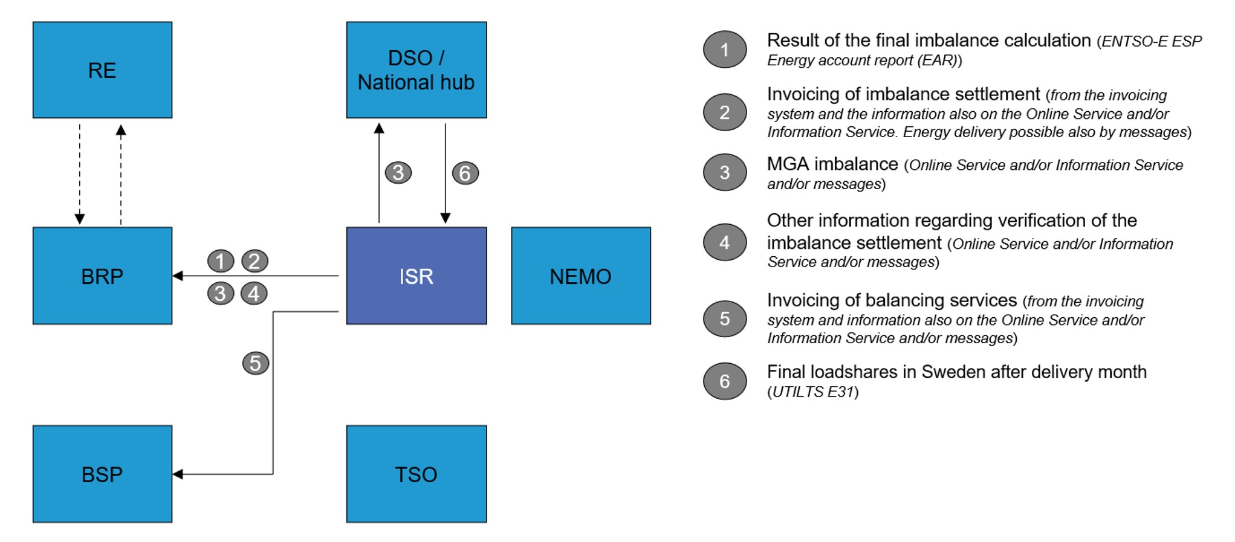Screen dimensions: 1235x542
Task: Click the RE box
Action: [x=102, y=70]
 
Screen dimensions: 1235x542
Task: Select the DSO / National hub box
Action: [x=417, y=70]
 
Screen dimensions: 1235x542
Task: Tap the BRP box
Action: [x=102, y=276]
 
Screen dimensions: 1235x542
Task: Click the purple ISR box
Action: [x=417, y=276]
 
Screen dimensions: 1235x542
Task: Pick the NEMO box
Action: [x=581, y=276]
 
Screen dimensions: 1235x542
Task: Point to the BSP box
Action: [x=102, y=474]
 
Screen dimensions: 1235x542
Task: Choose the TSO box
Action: [x=417, y=474]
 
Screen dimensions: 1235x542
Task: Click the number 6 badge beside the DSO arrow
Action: [x=465, y=173]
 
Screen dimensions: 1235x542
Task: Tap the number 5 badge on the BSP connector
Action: [x=256, y=363]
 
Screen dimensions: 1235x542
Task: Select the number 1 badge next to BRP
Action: [x=221, y=261]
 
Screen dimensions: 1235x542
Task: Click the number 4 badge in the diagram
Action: [x=254, y=294]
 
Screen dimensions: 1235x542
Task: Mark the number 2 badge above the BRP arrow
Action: [x=254, y=261]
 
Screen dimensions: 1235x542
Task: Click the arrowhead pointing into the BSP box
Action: [x=177, y=474]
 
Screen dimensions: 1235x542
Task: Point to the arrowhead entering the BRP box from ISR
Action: [x=177, y=276]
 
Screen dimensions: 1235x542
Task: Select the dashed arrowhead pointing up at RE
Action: [x=121, y=129]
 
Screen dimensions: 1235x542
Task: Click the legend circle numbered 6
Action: [x=725, y=381]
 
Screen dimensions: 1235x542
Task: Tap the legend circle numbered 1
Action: [x=725, y=50]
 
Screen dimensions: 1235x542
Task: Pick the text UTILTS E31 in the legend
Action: [x=813, y=392]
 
